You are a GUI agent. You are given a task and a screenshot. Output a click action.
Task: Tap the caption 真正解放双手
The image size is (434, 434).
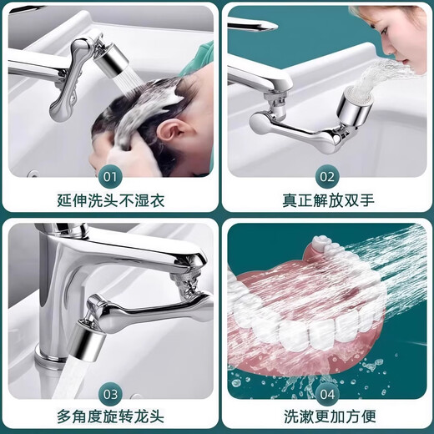tap(326, 200)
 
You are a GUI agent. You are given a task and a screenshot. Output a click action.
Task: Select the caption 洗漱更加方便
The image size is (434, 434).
tap(326, 416)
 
